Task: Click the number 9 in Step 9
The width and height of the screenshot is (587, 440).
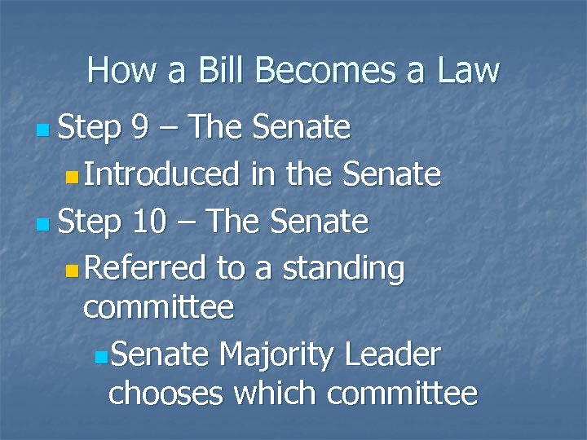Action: (141, 127)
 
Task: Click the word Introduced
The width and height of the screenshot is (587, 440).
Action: (161, 174)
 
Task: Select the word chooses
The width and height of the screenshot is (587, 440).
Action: (166, 394)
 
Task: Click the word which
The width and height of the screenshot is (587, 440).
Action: (275, 394)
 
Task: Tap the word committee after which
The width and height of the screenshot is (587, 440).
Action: (402, 394)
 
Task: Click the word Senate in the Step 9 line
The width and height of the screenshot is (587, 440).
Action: (302, 127)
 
